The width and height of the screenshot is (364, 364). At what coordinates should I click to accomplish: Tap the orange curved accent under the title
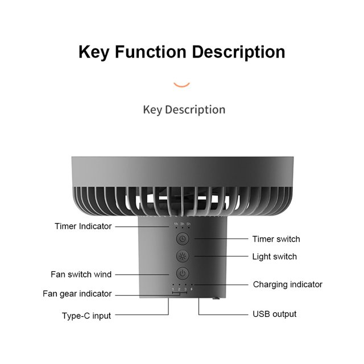coord(181,85)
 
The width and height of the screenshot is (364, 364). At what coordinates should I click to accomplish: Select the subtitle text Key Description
coord(184,109)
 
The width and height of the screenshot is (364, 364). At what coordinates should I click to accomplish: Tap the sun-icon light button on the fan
coord(181,255)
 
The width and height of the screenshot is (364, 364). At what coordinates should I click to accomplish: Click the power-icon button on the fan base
coord(181,273)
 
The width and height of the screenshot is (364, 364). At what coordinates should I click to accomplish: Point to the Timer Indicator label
coord(83,226)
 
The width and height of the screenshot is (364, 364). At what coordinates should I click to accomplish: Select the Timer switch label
coord(276,239)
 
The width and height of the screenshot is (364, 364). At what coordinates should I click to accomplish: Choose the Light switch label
coord(274,257)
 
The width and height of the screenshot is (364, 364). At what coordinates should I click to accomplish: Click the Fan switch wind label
coord(81,274)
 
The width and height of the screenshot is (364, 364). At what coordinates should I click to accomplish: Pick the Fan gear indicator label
coord(77,294)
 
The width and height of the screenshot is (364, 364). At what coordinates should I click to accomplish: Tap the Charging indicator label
coord(287,284)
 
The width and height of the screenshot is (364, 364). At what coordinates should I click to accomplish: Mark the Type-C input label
coord(86,315)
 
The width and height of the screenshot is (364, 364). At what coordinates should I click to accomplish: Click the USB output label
coord(274,314)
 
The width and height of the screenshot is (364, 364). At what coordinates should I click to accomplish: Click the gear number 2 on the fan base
coord(179,290)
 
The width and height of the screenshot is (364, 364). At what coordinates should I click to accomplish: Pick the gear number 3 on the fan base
coord(185,290)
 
